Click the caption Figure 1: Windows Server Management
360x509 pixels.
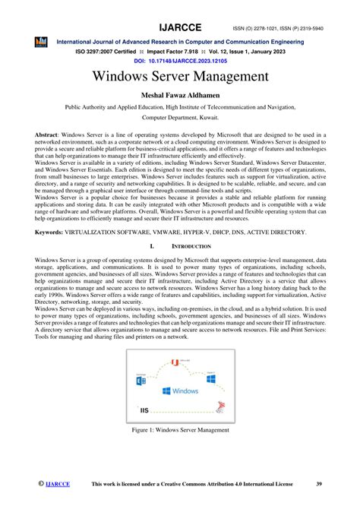tap(179, 430)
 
